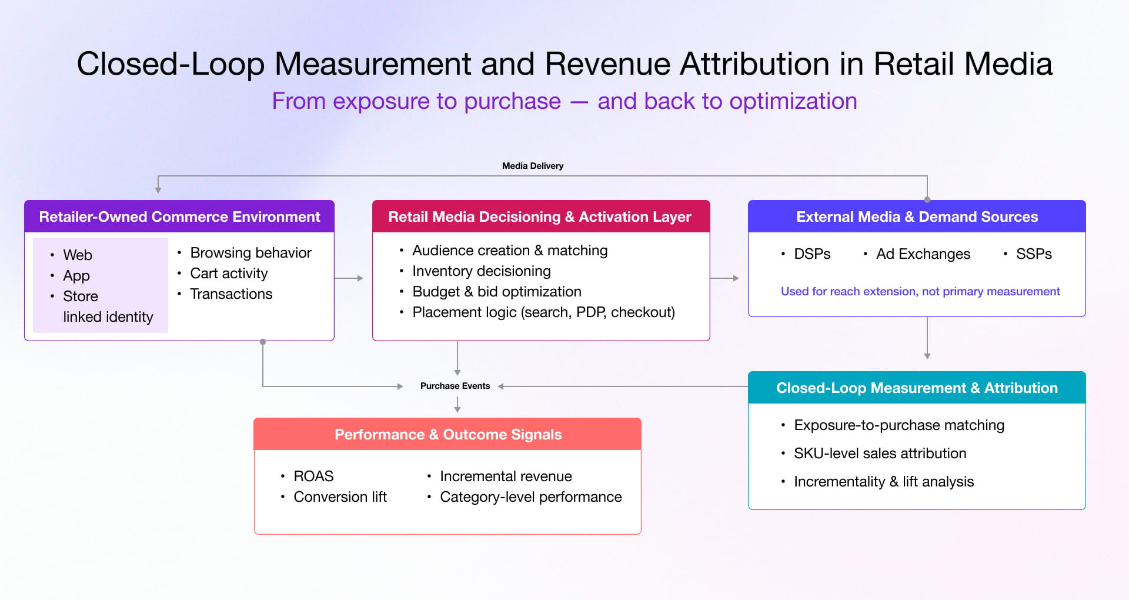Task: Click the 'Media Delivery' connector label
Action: click(532, 166)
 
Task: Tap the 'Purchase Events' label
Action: click(455, 386)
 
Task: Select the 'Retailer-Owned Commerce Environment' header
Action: click(179, 216)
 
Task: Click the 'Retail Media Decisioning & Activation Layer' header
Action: click(540, 216)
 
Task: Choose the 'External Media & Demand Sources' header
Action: click(917, 216)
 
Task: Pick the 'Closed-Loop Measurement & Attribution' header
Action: click(917, 388)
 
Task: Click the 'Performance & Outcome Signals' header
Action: click(448, 434)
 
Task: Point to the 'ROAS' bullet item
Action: click(313, 476)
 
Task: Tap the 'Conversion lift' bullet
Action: click(340, 496)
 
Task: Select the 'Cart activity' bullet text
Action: click(229, 273)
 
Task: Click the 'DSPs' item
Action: click(812, 254)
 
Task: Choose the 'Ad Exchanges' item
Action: click(923, 254)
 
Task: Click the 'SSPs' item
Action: click(1034, 254)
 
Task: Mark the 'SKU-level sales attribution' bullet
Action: click(880, 453)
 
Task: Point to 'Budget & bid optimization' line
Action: click(496, 291)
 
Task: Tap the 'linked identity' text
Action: click(108, 316)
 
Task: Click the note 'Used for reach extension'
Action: click(920, 291)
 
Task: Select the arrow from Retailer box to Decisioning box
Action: click(349, 278)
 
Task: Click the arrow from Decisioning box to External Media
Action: click(724, 278)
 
